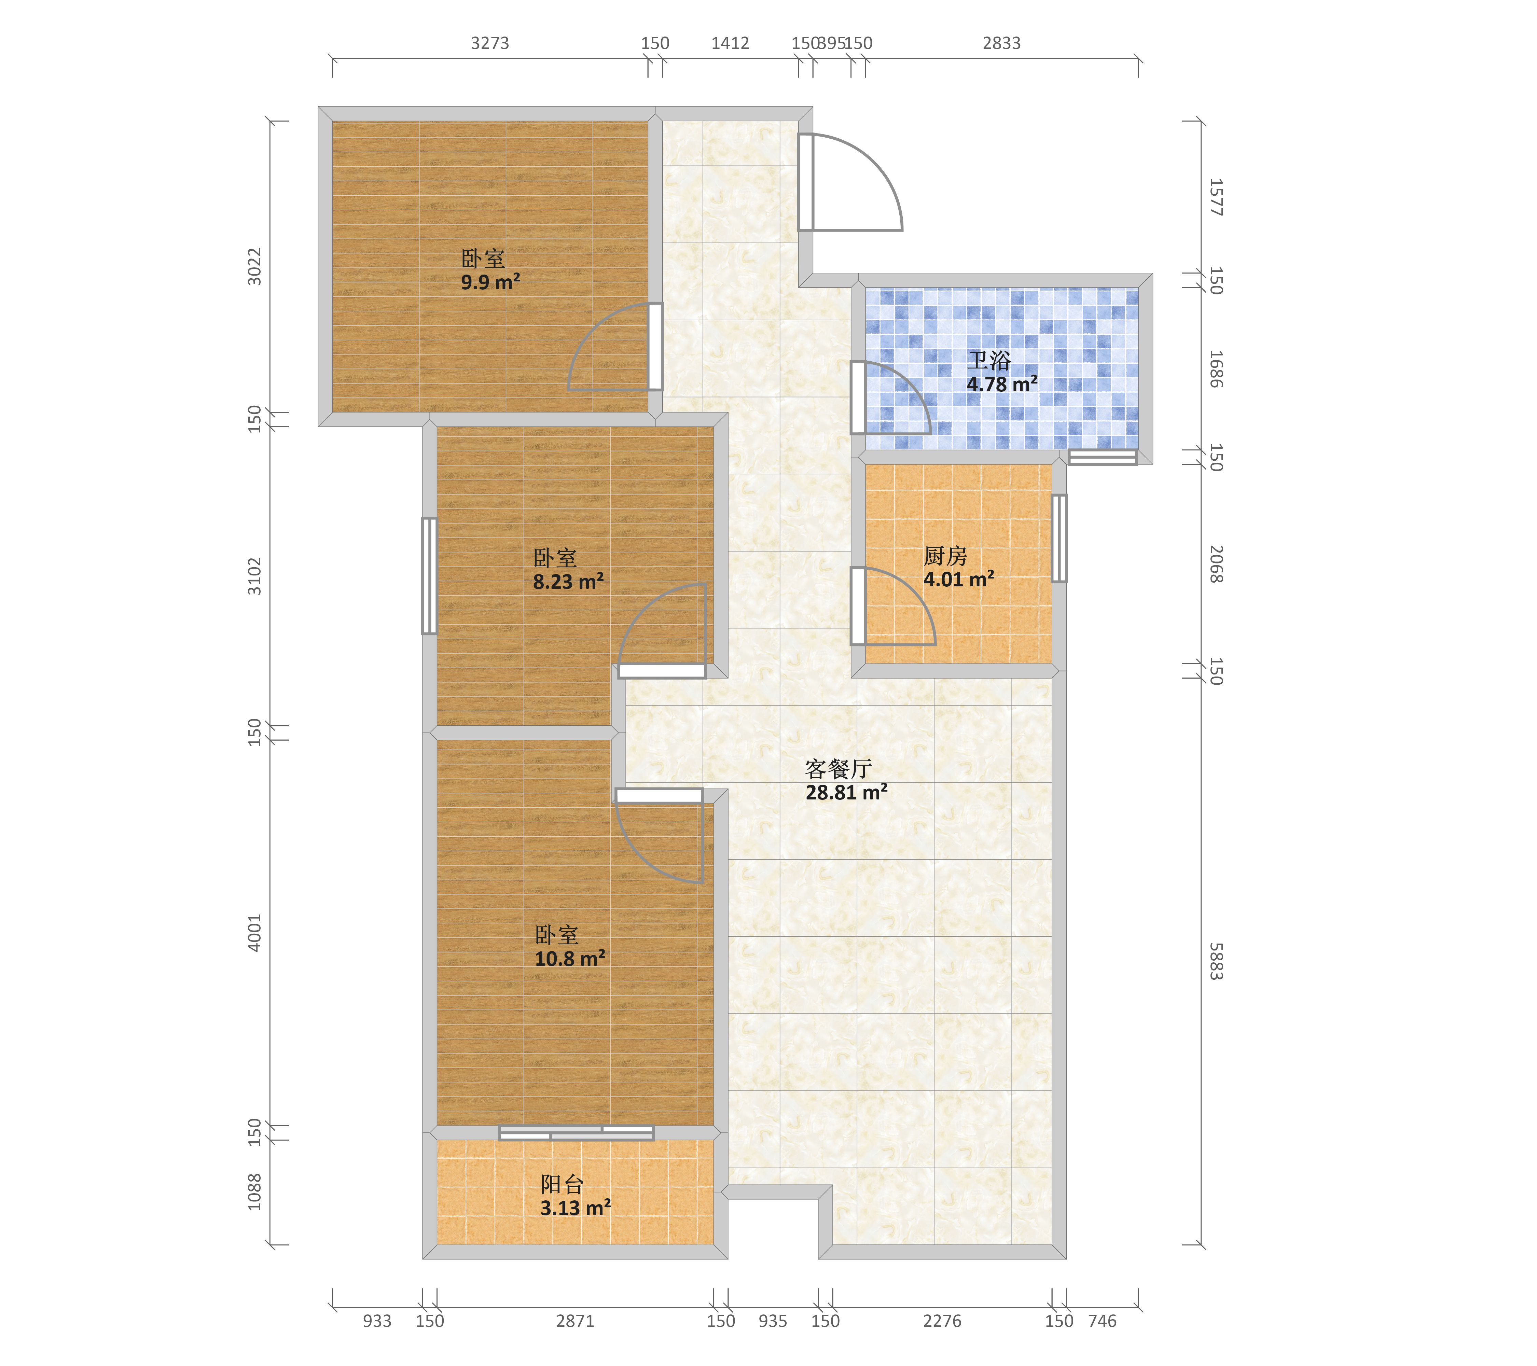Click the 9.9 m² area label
(x=490, y=283)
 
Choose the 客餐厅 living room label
(x=839, y=768)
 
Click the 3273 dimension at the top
(x=490, y=44)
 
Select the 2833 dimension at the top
(x=1001, y=44)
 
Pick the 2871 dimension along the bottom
(x=575, y=1321)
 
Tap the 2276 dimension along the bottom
(x=942, y=1321)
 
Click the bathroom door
(x=858, y=398)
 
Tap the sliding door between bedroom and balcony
(x=576, y=1132)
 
